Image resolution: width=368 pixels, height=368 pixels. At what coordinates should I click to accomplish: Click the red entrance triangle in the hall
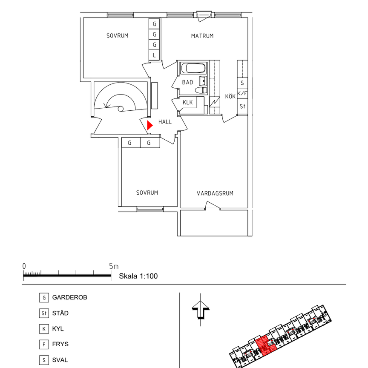pyautogui.click(x=149, y=125)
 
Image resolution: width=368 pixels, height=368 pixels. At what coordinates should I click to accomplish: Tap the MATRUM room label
pyautogui.click(x=202, y=36)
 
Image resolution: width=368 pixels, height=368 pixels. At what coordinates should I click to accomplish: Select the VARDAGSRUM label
pyautogui.click(x=215, y=193)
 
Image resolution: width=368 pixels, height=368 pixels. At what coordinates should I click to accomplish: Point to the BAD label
pyautogui.click(x=187, y=82)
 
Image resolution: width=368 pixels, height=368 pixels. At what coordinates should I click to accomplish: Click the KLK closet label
pyautogui.click(x=187, y=102)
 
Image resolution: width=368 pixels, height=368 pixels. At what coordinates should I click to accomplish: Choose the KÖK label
pyautogui.click(x=230, y=97)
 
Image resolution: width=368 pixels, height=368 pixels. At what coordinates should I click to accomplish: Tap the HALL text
pyautogui.click(x=165, y=122)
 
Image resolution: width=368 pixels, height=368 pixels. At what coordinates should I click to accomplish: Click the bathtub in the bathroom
pyautogui.click(x=193, y=68)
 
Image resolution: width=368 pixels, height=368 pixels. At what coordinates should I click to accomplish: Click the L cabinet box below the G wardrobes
pyautogui.click(x=154, y=55)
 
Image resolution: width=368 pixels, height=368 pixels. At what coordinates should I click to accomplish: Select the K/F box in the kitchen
pyautogui.click(x=242, y=94)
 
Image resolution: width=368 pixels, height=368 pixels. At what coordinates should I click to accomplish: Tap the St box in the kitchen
pyautogui.click(x=242, y=106)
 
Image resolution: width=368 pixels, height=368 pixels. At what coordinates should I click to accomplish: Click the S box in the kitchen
pyautogui.click(x=242, y=83)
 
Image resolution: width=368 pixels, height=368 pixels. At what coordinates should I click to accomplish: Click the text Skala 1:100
pyautogui.click(x=138, y=276)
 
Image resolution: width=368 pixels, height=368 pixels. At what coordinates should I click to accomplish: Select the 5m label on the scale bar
pyautogui.click(x=114, y=266)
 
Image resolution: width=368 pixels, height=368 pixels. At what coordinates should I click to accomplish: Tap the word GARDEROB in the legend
pyautogui.click(x=69, y=297)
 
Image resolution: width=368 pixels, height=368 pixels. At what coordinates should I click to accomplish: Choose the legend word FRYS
pyautogui.click(x=60, y=344)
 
